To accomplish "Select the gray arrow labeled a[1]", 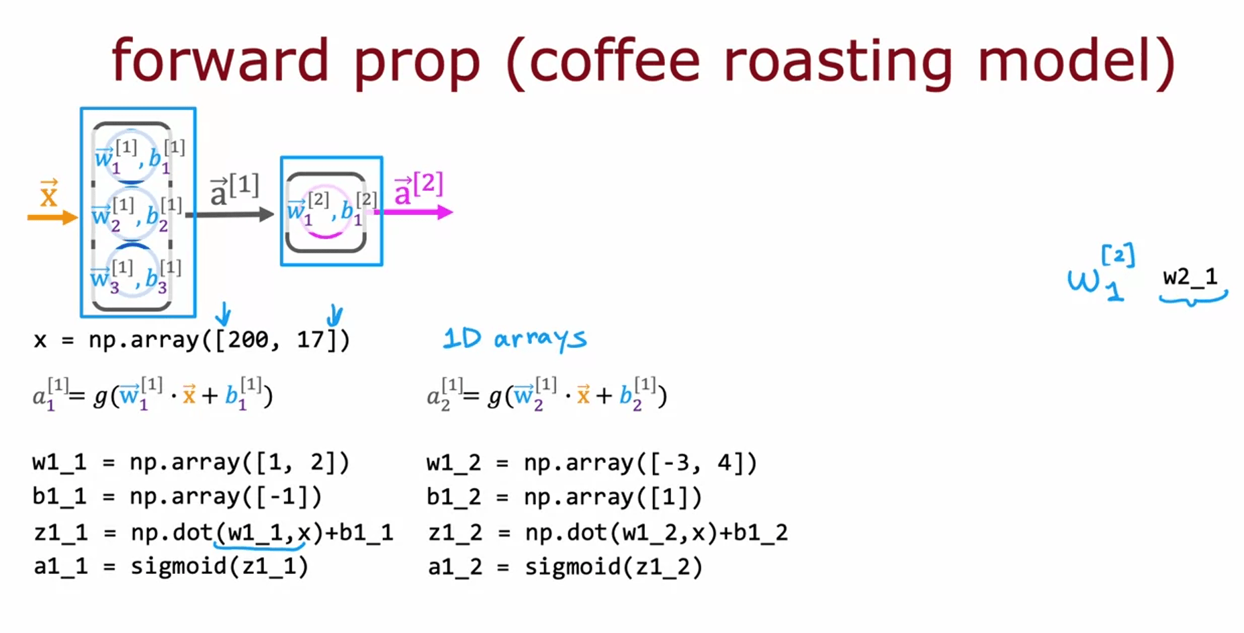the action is (x=230, y=215).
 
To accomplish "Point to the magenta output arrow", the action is (x=414, y=212).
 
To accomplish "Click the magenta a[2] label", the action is (x=418, y=189).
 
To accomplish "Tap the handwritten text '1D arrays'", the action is (x=515, y=338).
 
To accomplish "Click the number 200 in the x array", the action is (x=248, y=340).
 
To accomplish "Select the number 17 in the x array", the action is (x=310, y=340).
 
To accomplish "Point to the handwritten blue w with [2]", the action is (x=1101, y=274).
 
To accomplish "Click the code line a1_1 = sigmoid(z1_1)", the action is (x=171, y=566).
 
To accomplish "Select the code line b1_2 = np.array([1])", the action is (x=564, y=497).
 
